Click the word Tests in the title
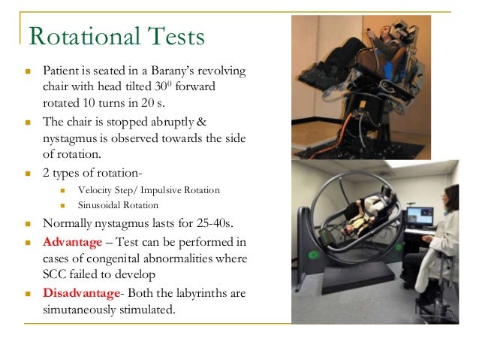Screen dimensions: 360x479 [174, 36]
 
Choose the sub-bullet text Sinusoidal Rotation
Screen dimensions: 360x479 [118, 204]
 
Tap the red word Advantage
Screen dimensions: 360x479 [72, 242]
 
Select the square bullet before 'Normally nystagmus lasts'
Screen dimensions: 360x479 [27, 225]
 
